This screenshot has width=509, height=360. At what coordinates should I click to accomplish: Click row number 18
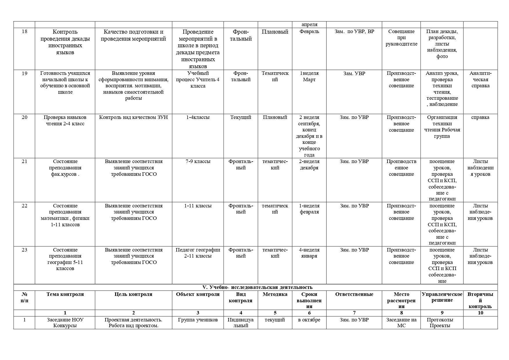tap(24, 32)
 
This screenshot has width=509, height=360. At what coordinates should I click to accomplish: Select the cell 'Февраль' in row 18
tap(309, 32)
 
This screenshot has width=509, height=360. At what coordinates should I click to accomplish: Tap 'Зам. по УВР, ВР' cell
tap(354, 32)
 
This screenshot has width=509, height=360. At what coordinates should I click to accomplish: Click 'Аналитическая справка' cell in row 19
tap(480, 79)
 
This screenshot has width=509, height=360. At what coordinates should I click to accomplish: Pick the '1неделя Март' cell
tap(309, 77)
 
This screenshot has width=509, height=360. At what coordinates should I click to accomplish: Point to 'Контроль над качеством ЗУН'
tap(133, 117)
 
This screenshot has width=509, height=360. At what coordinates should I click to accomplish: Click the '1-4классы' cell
tap(198, 117)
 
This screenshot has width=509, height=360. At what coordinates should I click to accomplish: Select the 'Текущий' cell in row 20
tap(241, 117)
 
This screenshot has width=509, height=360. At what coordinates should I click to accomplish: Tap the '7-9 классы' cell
tap(198, 162)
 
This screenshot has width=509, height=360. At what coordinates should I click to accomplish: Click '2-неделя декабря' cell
tap(309, 165)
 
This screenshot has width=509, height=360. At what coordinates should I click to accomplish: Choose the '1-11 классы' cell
tap(198, 206)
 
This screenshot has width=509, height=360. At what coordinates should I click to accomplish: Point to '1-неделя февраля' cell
tap(309, 209)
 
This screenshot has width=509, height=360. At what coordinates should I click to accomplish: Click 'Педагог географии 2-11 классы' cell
tap(198, 253)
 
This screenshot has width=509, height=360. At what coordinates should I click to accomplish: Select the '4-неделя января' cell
tap(309, 253)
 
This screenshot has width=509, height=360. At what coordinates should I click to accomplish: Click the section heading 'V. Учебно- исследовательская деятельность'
tap(257, 287)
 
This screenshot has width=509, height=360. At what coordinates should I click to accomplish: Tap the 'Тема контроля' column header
tap(65, 294)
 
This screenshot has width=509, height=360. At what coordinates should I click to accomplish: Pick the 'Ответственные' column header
tap(354, 294)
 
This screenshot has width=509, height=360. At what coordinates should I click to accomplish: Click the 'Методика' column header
tap(275, 294)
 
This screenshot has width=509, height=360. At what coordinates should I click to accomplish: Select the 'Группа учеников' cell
tap(198, 320)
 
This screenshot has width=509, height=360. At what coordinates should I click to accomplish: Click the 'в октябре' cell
tap(309, 320)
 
